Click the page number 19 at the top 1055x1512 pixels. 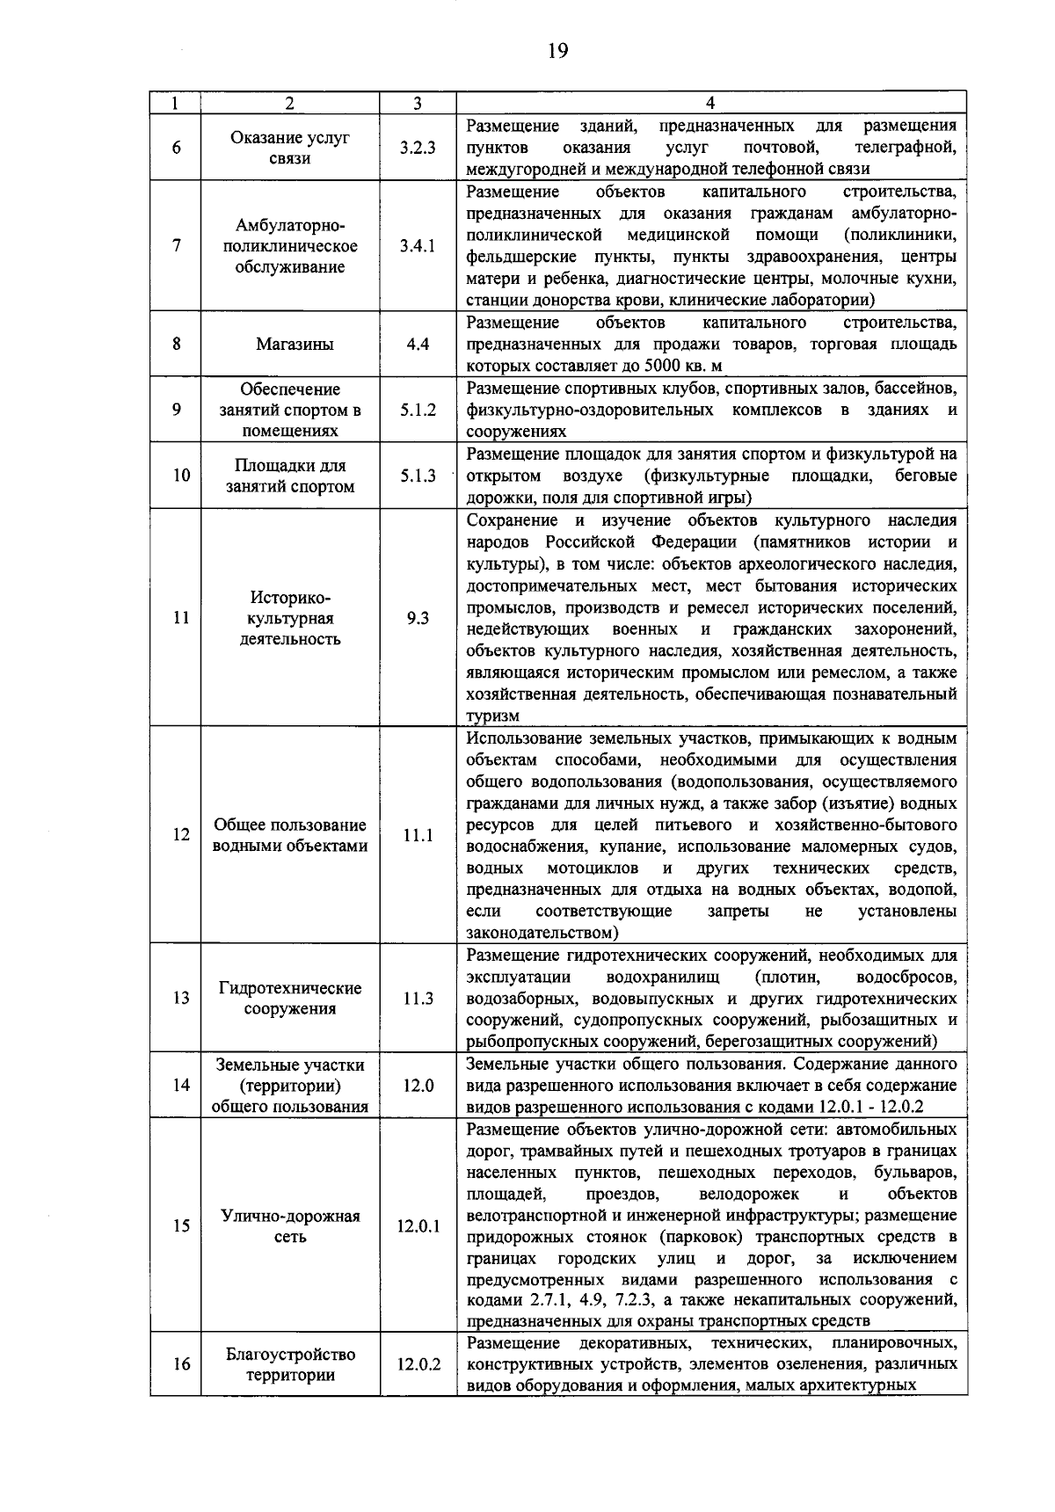click(557, 51)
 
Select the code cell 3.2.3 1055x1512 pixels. click(418, 148)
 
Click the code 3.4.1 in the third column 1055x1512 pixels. click(418, 246)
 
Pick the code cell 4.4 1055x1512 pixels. click(418, 345)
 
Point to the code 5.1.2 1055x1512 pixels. click(418, 410)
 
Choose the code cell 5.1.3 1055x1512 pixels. click(418, 476)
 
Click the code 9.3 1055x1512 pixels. click(418, 619)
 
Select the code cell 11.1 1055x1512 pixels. click(418, 836)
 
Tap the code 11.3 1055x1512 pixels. click(418, 999)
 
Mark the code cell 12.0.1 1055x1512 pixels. click(418, 1226)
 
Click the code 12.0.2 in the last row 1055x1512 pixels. click(418, 1365)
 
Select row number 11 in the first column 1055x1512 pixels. click(181, 619)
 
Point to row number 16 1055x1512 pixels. click(181, 1365)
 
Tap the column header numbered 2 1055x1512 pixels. click(290, 104)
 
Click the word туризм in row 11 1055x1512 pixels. click(492, 717)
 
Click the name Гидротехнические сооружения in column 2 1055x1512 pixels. click(290, 999)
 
